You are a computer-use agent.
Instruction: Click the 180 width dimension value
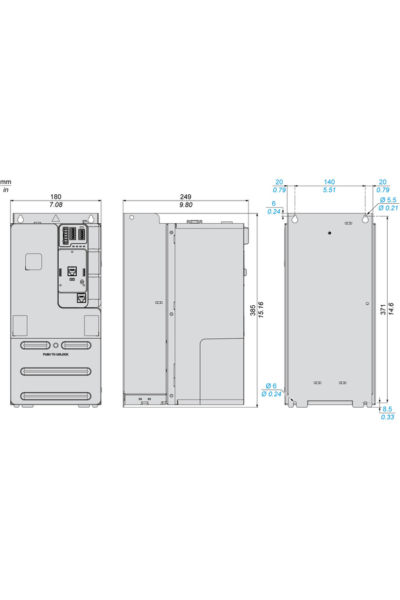(55, 197)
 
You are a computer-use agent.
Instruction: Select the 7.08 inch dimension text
(55, 205)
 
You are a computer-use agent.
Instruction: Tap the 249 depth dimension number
(186, 197)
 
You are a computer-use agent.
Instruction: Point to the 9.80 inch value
(186, 205)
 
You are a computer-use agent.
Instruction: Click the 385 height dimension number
(253, 310)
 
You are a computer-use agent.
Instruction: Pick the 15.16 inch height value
(261, 310)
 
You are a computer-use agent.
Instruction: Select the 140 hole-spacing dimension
(329, 182)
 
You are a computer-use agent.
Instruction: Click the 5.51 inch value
(329, 190)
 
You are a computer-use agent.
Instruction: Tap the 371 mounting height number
(383, 310)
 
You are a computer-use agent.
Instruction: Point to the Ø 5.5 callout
(388, 200)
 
